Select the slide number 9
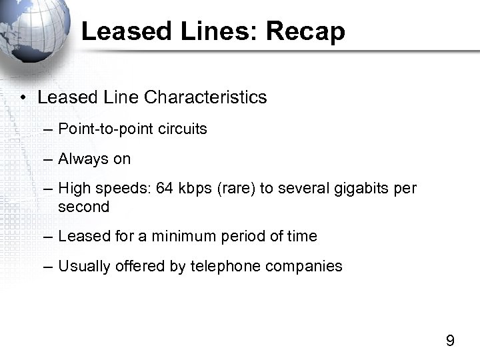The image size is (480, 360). (450, 341)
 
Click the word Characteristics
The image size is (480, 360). (205, 97)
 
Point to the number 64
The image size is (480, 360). (163, 189)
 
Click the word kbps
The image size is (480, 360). (194, 189)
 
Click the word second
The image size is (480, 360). (83, 207)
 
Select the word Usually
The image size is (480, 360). (83, 267)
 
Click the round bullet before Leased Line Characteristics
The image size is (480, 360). (23, 98)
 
